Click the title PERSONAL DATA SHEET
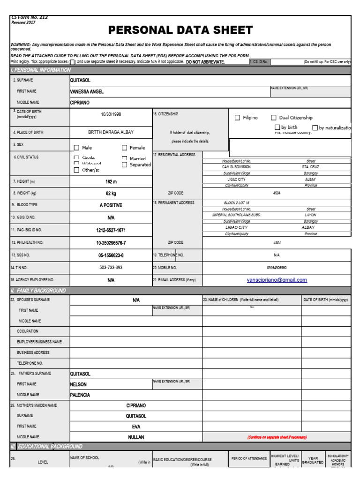[180, 30]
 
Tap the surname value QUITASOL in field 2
[80, 81]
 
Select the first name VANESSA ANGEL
[87, 91]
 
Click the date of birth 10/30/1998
[111, 114]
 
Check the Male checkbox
[76, 148]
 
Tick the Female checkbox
[125, 148]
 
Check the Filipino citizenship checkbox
[237, 118]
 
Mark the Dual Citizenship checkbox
[273, 118]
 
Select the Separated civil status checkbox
[125, 165]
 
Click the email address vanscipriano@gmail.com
[277, 280]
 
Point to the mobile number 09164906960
[277, 268]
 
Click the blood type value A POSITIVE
[111, 205]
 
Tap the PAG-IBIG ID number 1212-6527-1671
[111, 230]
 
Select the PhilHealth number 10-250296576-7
[111, 243]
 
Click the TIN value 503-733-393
[111, 268]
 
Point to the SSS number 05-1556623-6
[111, 255]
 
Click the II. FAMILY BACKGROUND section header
[38, 291]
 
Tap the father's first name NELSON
[78, 384]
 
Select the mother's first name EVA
[136, 427]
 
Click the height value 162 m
[111, 181]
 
